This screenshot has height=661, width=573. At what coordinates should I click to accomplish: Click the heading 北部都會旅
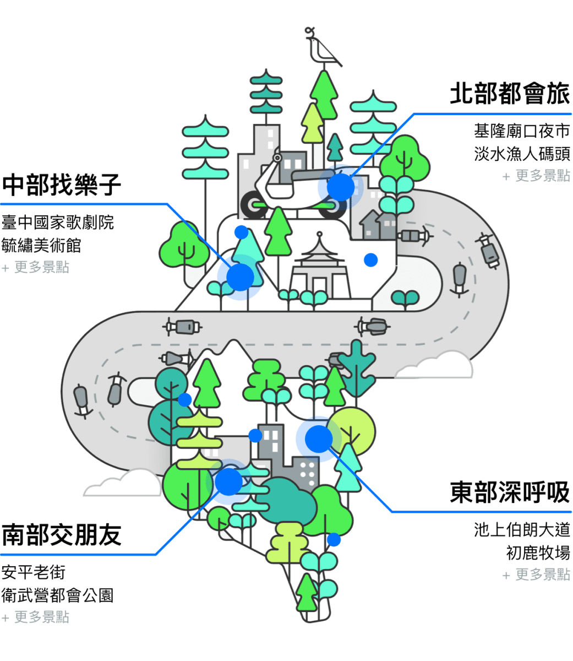pyautogui.click(x=510, y=94)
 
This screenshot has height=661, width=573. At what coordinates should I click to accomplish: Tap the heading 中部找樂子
pyautogui.click(x=61, y=185)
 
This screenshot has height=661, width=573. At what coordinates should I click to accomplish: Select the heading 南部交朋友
pyautogui.click(x=61, y=535)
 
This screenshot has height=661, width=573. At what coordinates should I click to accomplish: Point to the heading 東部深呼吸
pyautogui.click(x=510, y=492)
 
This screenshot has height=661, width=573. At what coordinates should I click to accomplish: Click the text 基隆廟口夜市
pyautogui.click(x=522, y=131)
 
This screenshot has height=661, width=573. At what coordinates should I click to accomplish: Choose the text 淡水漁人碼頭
pyautogui.click(x=522, y=154)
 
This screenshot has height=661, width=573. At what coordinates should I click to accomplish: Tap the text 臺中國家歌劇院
pyautogui.click(x=57, y=223)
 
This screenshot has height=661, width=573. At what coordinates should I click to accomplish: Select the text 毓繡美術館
pyautogui.click(x=41, y=245)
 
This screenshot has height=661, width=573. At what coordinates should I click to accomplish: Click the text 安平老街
pyautogui.click(x=33, y=572)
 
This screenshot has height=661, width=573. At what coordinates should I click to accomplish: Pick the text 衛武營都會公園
pyautogui.click(x=57, y=595)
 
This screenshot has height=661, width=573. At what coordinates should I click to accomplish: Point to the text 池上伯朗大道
pyautogui.click(x=522, y=529)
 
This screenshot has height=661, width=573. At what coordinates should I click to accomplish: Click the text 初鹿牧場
pyautogui.click(x=538, y=552)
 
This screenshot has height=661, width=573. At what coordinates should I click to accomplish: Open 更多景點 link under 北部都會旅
pyautogui.click(x=536, y=176)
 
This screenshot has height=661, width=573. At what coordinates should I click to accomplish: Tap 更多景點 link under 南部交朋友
pyautogui.click(x=36, y=617)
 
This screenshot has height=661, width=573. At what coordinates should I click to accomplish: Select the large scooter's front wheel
pyautogui.click(x=254, y=205)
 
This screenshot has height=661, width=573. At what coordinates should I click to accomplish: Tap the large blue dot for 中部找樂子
pyautogui.click(x=240, y=277)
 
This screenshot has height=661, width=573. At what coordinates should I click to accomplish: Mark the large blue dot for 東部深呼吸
pyautogui.click(x=319, y=439)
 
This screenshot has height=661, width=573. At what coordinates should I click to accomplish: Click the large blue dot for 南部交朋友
pyautogui.click(x=228, y=481)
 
